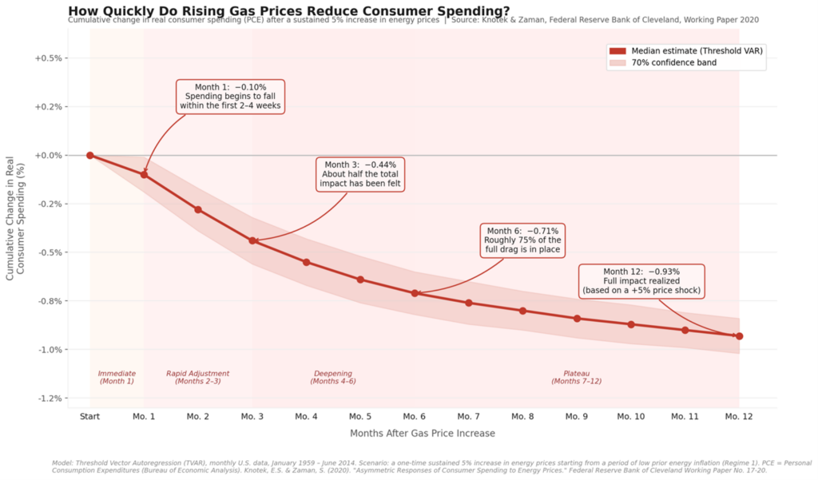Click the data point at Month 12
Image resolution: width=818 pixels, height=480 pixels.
click(x=739, y=336)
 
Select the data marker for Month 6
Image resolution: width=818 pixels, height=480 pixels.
click(x=415, y=293)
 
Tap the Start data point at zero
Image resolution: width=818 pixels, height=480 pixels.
click(x=90, y=156)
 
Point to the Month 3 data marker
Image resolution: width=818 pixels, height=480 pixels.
click(x=252, y=240)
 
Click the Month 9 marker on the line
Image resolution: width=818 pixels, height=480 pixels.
click(x=577, y=319)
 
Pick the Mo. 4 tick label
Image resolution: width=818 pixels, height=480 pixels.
click(x=306, y=417)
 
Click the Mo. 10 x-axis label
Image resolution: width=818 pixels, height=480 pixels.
click(x=630, y=417)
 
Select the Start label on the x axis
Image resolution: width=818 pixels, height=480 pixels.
click(x=90, y=417)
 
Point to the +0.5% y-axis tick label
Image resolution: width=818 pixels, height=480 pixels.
click(x=49, y=58)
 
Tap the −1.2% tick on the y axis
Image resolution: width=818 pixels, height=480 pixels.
click(x=49, y=399)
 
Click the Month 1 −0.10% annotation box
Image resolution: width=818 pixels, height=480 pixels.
click(x=230, y=96)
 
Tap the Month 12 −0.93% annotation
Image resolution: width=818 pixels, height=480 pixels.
click(x=641, y=281)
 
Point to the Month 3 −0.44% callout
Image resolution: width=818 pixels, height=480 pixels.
click(x=359, y=174)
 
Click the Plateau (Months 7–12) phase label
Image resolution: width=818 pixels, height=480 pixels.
click(x=577, y=377)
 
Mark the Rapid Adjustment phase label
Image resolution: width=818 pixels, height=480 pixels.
click(x=198, y=377)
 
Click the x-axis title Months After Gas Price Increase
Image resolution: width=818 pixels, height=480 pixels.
click(x=422, y=434)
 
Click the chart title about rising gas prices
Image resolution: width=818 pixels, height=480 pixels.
click(x=289, y=10)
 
